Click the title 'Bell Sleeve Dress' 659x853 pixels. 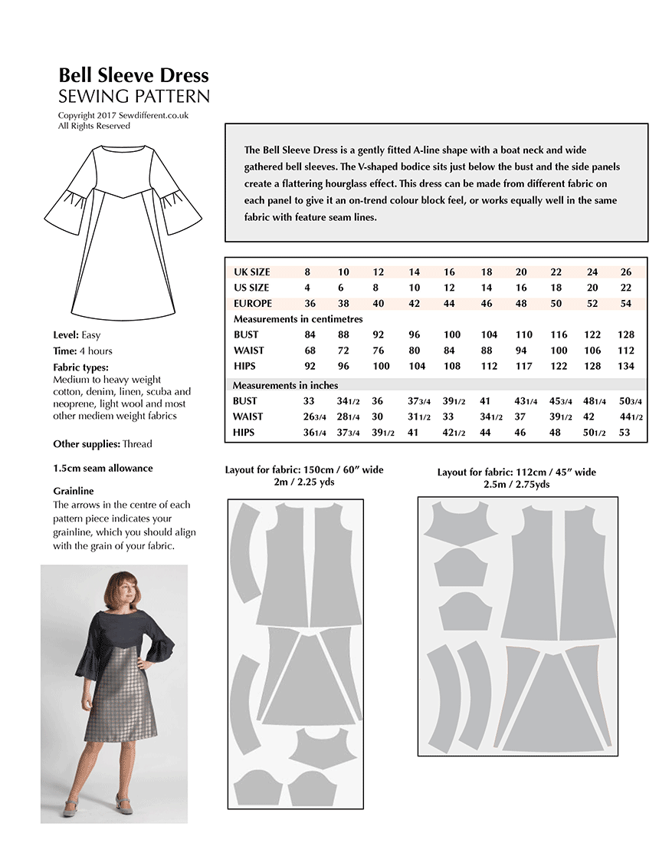pos(133,75)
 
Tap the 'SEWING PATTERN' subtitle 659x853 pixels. pos(133,97)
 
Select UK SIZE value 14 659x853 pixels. pos(414,272)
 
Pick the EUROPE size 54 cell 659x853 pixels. pos(626,303)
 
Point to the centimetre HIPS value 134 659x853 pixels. pos(626,366)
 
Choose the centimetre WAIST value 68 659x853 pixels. pos(310,351)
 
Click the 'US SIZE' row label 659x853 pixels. pos(251,288)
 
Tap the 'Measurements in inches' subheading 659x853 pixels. pos(285,385)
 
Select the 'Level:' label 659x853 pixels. pos(65,335)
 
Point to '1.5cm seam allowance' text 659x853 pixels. pos(103,468)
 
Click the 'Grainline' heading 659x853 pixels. pos(74,490)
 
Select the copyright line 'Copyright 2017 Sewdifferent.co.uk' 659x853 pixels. pos(123,116)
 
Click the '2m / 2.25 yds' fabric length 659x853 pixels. pos(304,482)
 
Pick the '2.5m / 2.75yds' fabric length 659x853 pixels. pos(516,485)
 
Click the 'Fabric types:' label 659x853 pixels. pos(81,367)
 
